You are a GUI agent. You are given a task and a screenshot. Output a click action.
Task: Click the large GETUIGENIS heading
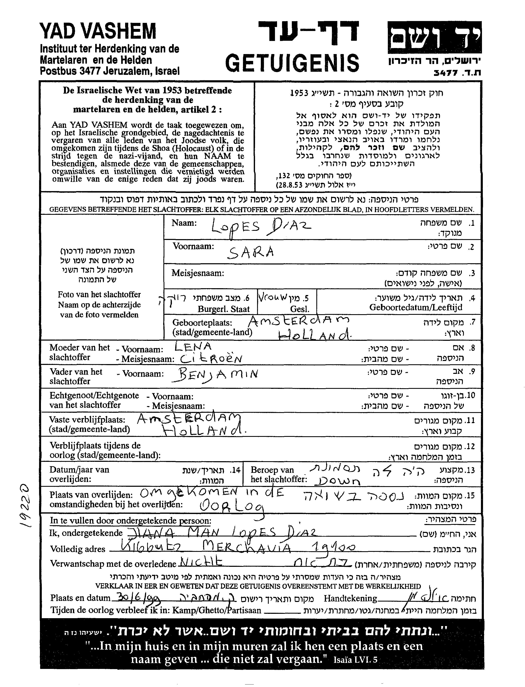(292, 63)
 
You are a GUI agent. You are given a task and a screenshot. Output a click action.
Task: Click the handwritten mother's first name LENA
(193, 347)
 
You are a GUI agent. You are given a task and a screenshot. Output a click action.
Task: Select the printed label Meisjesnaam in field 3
(197, 273)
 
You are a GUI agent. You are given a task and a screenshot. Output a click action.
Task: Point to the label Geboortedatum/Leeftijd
(416, 307)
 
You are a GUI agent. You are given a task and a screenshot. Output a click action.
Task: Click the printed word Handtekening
(350, 598)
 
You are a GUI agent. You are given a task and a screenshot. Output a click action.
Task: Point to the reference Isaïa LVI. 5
(356, 660)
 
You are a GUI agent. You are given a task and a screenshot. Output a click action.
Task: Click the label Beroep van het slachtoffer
(278, 474)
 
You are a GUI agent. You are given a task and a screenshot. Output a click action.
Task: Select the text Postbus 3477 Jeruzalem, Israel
(110, 71)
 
